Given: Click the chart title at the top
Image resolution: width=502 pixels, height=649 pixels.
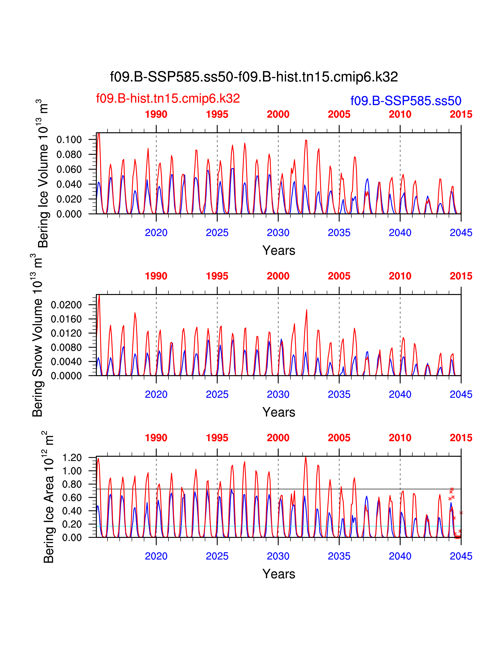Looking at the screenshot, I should coord(254,77).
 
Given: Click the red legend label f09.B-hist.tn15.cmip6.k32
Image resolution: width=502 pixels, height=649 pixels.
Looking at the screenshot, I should coord(168,98).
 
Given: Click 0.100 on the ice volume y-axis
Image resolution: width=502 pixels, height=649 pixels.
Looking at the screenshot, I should coord(69,140).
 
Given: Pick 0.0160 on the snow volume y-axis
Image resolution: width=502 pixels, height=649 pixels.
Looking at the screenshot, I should coord(66,319).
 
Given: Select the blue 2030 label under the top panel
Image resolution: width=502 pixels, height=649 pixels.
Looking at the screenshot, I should coord(278,233).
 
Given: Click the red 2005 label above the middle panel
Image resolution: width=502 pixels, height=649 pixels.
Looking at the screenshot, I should coord(339,276).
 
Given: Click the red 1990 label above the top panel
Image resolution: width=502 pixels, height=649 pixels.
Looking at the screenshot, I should coord(156,114).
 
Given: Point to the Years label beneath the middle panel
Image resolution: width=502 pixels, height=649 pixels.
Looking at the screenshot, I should coord(279,412).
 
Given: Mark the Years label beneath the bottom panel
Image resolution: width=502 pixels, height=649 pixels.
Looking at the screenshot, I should coord(279,574).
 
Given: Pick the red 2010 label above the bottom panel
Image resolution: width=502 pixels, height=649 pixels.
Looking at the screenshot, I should coord(400,438).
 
